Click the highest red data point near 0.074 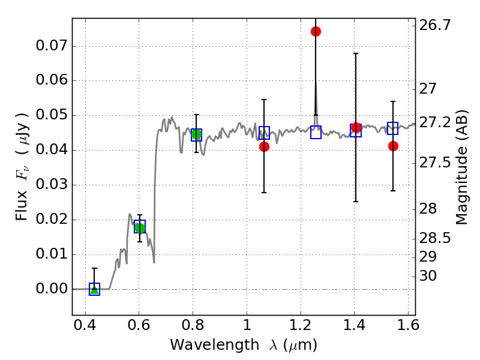click(316, 31)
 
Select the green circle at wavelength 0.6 click(140, 227)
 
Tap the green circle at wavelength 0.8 click(196, 134)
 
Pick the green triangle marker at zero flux click(94, 289)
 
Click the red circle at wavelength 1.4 click(356, 127)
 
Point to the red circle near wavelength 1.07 click(264, 146)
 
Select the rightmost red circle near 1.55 click(393, 146)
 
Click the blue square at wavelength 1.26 click(316, 133)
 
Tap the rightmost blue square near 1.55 click(393, 128)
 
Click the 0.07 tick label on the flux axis click(52, 46)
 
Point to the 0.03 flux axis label click(52, 185)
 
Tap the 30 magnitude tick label click(428, 276)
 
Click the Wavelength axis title click(243, 345)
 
